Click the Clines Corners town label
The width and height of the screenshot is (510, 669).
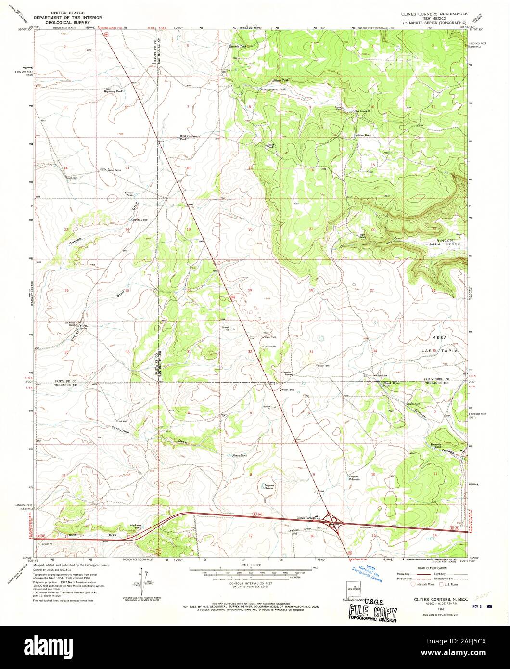pyautogui.click(x=306, y=518)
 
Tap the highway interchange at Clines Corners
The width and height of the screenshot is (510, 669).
pyautogui.click(x=331, y=519)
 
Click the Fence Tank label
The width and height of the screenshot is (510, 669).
pyautogui.click(x=239, y=455)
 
